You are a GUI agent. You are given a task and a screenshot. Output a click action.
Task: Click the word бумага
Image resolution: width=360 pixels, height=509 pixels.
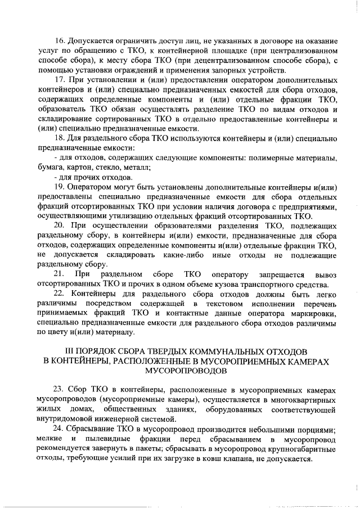49,168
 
